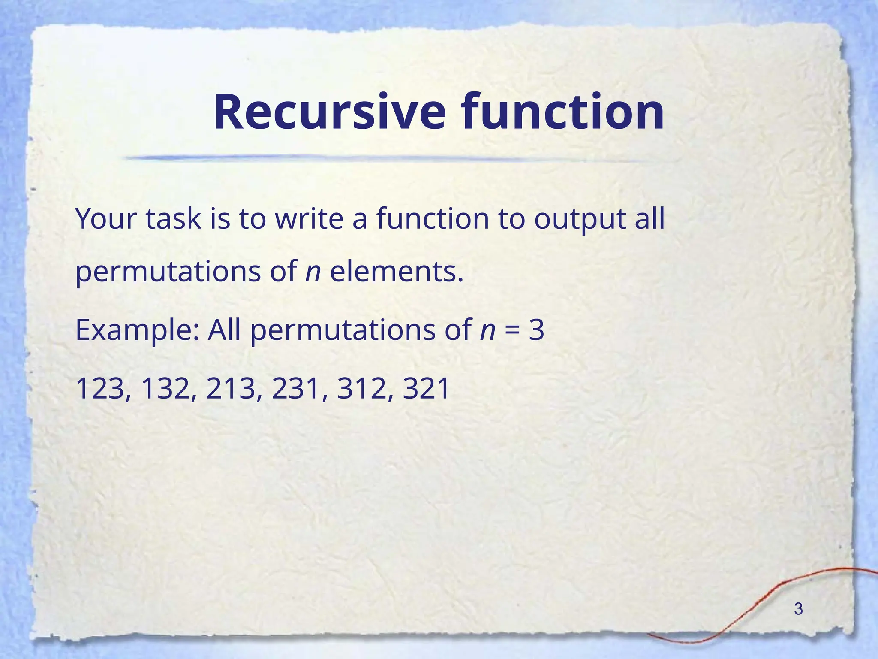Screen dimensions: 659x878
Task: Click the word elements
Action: (x=397, y=272)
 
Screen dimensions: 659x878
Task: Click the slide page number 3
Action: (x=798, y=609)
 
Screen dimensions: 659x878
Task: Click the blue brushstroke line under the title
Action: (x=386, y=158)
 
